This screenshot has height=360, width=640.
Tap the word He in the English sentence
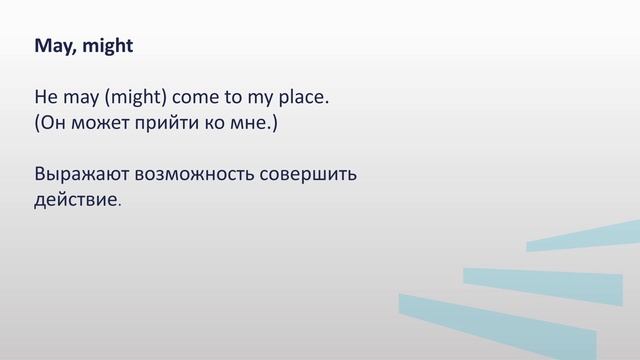46,99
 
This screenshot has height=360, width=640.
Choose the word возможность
194,174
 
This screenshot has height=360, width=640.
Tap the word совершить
309,174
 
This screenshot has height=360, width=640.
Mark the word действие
76,199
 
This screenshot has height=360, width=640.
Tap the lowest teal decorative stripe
500,320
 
